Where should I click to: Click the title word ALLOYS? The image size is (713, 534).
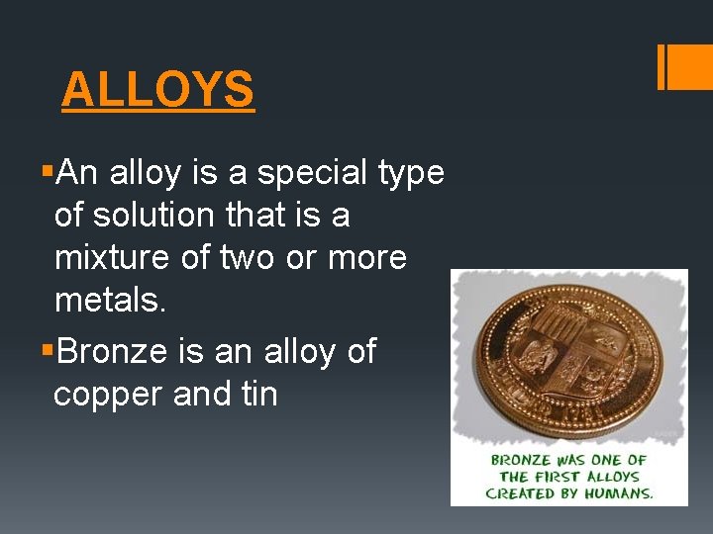[157, 90]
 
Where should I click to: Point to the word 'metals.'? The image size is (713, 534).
[111, 300]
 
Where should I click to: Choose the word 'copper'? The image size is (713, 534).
[108, 394]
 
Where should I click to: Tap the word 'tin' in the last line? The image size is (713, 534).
[259, 394]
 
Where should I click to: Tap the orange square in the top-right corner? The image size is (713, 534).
[691, 67]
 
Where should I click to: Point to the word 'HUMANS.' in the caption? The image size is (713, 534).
[616, 492]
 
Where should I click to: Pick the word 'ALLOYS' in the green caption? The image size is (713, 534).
[613, 477]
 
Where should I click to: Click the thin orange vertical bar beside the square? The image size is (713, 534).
[661, 67]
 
